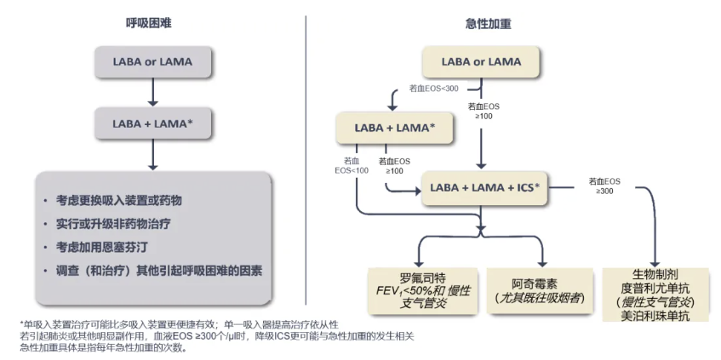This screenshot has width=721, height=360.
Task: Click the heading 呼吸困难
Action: (151, 24)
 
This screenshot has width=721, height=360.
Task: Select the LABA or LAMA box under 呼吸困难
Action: (152, 62)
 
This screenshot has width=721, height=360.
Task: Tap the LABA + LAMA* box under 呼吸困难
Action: (152, 123)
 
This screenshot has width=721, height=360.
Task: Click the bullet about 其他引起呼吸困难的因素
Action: (158, 271)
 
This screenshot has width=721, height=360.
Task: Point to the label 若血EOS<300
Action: (433, 89)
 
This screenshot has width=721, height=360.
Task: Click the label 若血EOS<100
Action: (352, 165)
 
